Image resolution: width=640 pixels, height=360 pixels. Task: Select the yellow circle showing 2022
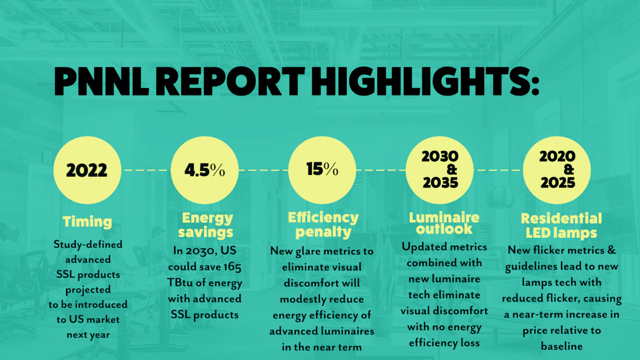[x=87, y=170]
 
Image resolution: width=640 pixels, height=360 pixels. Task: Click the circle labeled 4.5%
[x=204, y=170]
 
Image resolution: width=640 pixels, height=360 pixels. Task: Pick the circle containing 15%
[x=322, y=170]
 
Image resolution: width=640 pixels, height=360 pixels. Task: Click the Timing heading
[x=87, y=221]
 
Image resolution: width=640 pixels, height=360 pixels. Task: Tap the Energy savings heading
[x=207, y=225]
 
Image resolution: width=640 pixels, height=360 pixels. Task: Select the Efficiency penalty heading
[x=323, y=225]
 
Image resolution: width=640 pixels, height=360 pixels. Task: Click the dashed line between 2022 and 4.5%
[x=145, y=170]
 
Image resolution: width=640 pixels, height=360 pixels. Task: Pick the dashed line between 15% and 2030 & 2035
[x=381, y=170]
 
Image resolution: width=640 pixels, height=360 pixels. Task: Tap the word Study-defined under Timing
[x=88, y=244]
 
